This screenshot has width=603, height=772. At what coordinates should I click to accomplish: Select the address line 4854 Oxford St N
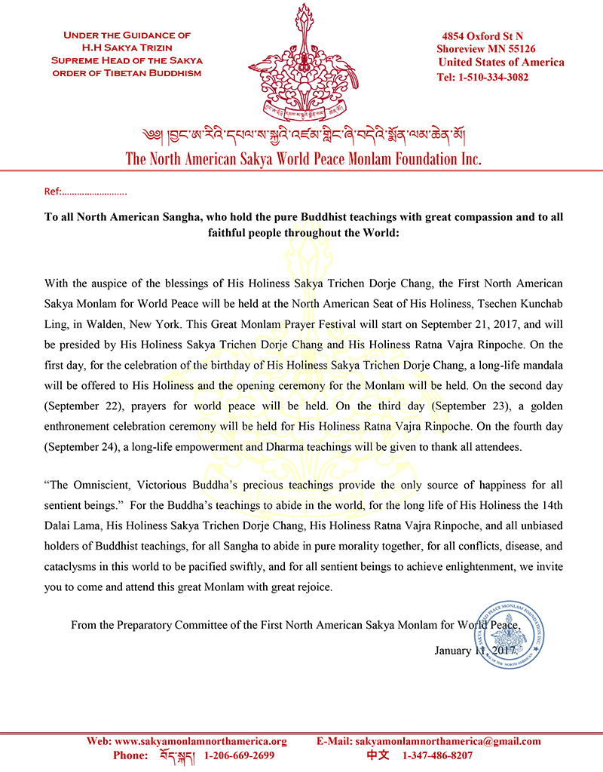pos(482,35)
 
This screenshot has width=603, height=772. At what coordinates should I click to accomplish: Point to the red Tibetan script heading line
pos(302,136)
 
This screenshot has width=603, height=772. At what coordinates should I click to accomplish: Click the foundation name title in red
pos(303,159)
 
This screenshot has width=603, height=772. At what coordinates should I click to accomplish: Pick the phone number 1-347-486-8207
pos(437,755)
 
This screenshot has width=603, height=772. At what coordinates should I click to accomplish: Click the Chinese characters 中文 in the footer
pos(378,755)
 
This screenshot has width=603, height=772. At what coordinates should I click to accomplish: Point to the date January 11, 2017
pos(475,650)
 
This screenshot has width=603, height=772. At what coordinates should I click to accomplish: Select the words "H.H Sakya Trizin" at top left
pos(127,47)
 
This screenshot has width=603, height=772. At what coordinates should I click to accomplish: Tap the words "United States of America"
pos(501,63)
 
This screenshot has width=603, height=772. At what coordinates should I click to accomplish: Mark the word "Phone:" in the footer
pos(130,755)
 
